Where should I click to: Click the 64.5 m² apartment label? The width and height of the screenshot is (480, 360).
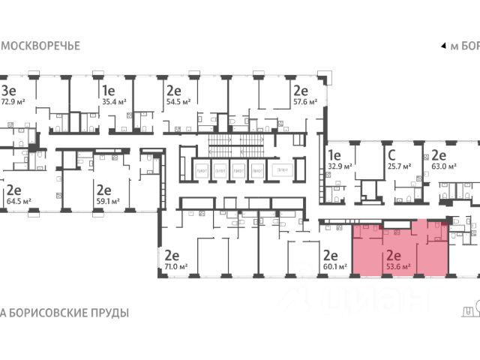tap(19, 201)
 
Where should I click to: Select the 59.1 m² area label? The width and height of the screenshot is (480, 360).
tap(109, 201)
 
